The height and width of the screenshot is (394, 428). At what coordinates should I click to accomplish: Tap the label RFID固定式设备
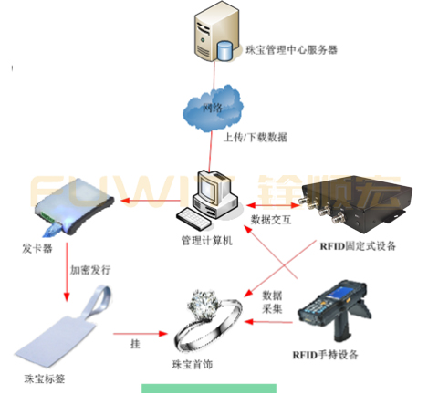click(359, 244)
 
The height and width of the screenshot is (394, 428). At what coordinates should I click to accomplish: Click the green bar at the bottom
click(209, 389)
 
